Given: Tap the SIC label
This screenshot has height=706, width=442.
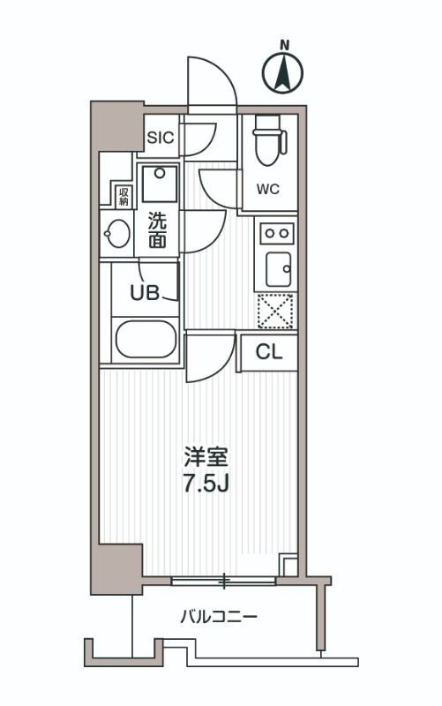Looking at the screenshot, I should [x=161, y=138].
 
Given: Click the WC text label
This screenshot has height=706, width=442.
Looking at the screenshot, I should [x=268, y=188].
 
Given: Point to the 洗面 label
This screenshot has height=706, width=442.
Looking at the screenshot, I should [x=157, y=229].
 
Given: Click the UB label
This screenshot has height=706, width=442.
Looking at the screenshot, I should [x=146, y=293].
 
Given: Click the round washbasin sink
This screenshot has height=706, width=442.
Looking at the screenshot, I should [x=116, y=236].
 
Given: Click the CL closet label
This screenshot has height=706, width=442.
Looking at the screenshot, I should [x=268, y=352].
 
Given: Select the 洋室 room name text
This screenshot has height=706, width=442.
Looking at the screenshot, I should [x=206, y=458].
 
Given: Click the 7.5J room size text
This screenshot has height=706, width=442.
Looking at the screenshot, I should [x=206, y=485].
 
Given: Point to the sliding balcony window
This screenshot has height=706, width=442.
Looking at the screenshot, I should [x=224, y=581].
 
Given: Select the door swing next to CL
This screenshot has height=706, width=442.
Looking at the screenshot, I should [x=209, y=357].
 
